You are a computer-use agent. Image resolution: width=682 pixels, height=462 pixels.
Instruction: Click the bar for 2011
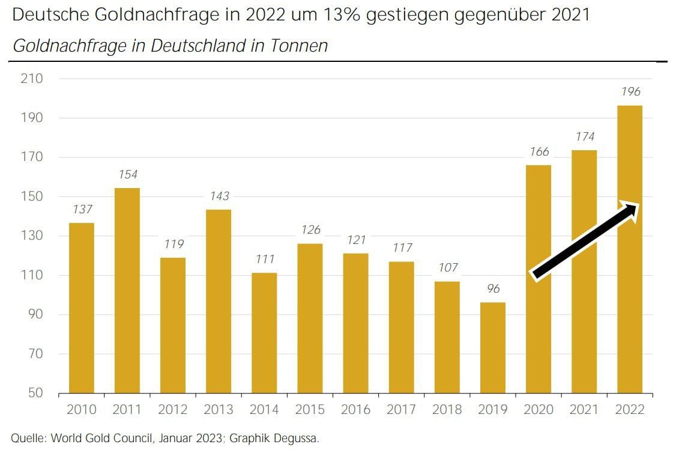[127, 291]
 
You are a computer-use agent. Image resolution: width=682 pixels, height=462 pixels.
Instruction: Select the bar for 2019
[493, 348]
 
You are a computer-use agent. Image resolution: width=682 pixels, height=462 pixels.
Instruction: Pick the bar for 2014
[264, 333]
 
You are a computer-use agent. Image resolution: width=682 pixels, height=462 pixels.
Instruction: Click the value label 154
[127, 175]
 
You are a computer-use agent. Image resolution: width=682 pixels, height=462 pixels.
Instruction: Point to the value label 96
[493, 289]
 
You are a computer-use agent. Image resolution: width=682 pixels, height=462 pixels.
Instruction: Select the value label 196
[630, 92]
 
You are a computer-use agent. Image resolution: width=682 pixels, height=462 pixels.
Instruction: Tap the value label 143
[219, 196]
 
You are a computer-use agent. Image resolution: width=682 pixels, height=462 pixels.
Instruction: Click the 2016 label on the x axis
[355, 410]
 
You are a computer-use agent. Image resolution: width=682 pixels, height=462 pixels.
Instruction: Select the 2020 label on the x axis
[539, 410]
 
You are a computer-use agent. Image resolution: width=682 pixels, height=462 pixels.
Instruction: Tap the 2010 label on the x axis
[81, 410]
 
